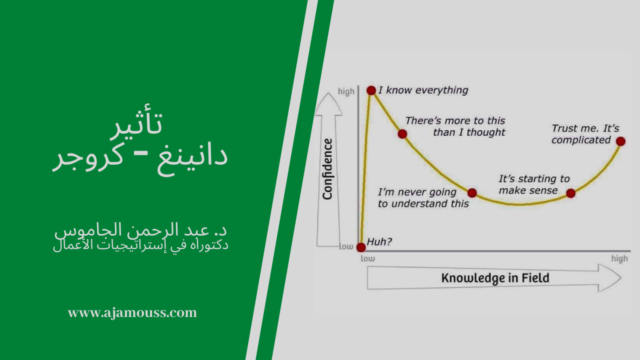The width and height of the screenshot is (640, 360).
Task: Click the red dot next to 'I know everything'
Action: [x=371, y=90]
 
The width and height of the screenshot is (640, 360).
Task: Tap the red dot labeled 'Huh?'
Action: [x=361, y=247]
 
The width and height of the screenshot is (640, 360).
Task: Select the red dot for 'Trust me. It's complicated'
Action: [x=620, y=141]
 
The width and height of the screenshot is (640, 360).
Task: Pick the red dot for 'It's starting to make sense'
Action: [x=570, y=193]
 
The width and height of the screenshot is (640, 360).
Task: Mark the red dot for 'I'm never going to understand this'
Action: [x=472, y=192]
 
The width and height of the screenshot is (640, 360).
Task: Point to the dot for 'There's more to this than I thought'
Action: [x=402, y=133]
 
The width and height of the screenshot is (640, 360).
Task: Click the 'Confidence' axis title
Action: [x=327, y=169]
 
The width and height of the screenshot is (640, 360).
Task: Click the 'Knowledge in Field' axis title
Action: [x=495, y=278]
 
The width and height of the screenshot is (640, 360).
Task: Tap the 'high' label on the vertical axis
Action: [x=346, y=91]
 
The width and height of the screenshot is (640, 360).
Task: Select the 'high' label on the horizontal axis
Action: [x=619, y=258]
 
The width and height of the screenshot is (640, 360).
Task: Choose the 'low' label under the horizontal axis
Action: [x=367, y=258]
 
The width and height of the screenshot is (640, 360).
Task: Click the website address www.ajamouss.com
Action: [x=132, y=313]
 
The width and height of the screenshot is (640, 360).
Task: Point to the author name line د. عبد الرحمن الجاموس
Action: [x=140, y=231]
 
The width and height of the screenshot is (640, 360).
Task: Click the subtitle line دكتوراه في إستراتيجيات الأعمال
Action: [x=140, y=245]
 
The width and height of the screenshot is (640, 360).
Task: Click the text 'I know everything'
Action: [x=423, y=90]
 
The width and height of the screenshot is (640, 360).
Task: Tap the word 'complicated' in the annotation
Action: [x=581, y=140]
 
